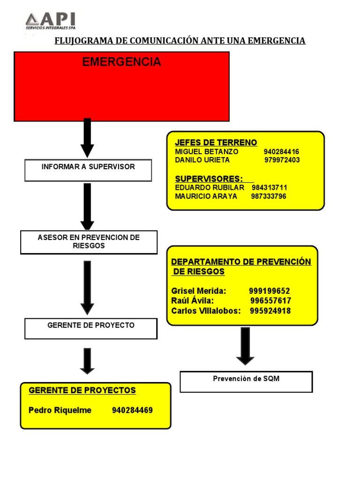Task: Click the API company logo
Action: (x=50, y=22)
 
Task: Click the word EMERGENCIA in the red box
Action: (x=121, y=62)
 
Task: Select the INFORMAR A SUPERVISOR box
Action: (x=88, y=170)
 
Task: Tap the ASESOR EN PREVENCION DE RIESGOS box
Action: (x=89, y=242)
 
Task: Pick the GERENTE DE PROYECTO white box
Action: (x=91, y=329)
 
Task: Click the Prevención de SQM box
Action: (x=246, y=382)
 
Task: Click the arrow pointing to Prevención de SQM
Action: (x=245, y=346)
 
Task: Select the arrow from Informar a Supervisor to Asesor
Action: (x=87, y=206)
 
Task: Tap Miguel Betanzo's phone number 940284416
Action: (x=281, y=152)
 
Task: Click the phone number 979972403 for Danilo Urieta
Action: (x=282, y=160)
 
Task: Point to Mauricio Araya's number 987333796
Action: (x=269, y=196)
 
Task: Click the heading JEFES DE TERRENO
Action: (x=216, y=142)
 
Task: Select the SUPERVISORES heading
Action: (x=209, y=179)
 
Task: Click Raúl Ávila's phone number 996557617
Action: (x=270, y=301)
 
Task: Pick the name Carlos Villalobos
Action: (x=206, y=311)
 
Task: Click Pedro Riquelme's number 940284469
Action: (x=132, y=411)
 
